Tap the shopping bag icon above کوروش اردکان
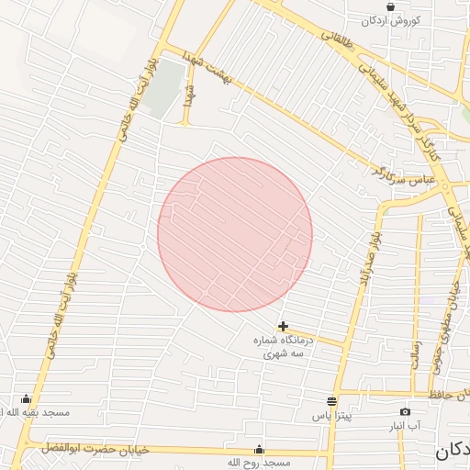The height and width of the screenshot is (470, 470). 391,6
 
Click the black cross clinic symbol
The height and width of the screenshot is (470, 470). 283,326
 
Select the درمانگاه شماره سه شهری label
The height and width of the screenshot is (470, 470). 283,346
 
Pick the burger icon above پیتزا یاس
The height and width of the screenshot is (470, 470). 331,402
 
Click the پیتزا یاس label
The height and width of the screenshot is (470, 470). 331,417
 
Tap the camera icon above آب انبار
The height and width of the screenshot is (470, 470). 405,412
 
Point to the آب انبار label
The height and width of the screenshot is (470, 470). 405,426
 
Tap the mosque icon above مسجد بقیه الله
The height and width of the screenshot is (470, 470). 25,399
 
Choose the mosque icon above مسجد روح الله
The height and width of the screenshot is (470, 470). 259,449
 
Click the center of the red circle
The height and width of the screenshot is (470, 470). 235,235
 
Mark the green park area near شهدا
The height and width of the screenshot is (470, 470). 162,89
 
